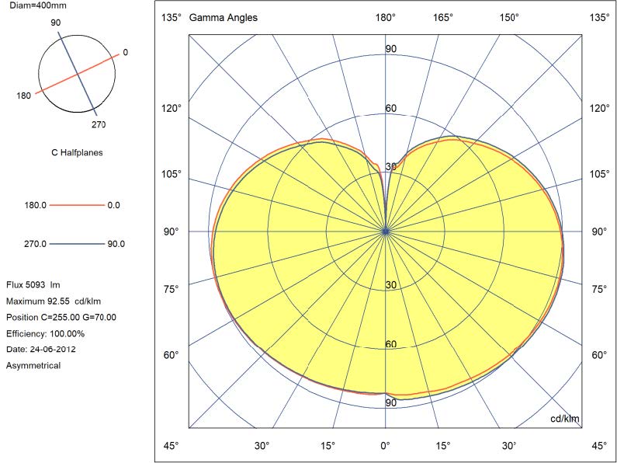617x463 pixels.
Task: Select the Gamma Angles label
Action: click(224, 17)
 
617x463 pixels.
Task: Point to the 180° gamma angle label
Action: click(386, 17)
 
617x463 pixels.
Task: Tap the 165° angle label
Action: click(443, 17)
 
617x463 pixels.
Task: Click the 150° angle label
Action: click(509, 17)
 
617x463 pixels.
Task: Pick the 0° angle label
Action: click(385, 446)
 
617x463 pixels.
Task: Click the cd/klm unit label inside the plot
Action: click(564, 419)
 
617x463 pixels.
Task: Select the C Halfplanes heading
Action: click(77, 153)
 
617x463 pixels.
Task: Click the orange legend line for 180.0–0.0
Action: click(77, 205)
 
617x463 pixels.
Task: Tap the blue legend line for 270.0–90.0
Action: click(77, 244)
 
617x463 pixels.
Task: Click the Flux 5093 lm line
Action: click(33, 285)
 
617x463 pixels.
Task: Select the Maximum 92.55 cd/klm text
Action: click(54, 301)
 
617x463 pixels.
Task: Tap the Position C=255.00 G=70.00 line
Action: click(61, 317)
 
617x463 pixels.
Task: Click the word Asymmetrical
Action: click(33, 365)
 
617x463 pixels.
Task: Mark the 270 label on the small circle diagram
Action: click(99, 124)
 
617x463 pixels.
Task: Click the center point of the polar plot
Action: click(386, 231)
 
